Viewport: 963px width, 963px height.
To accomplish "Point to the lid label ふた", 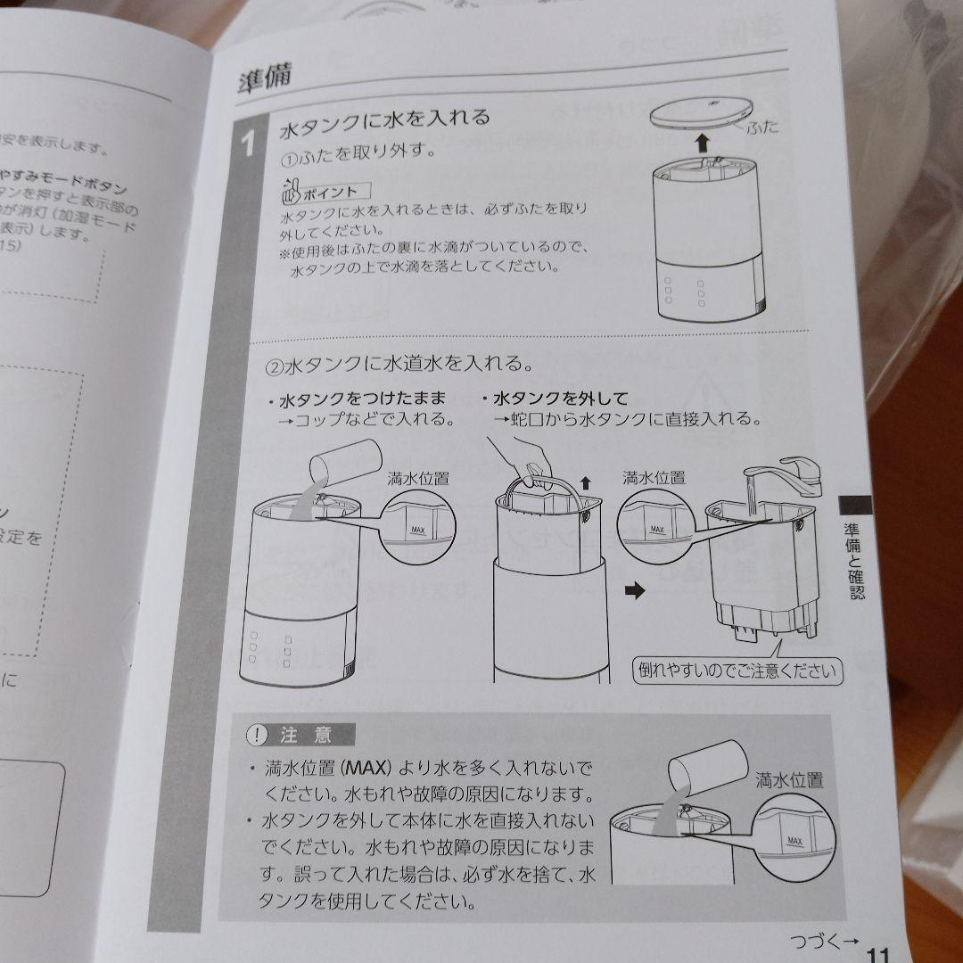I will click(x=760, y=126).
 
